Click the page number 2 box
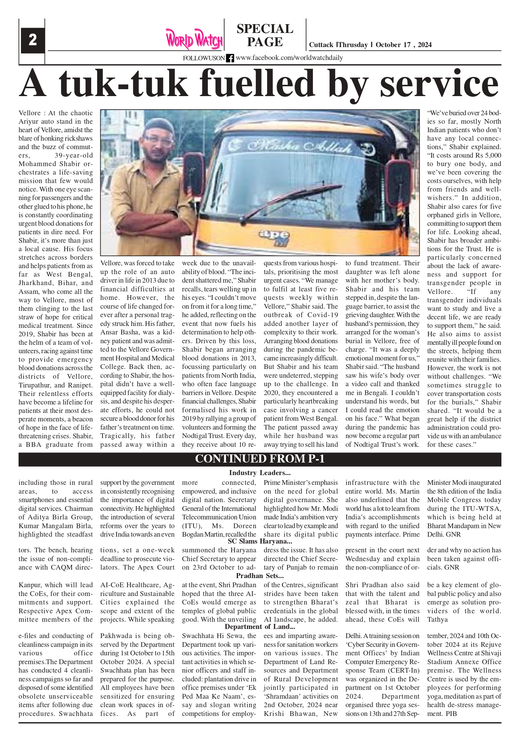tap(33, 40)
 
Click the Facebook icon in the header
tap(230, 58)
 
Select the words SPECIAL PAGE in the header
tap(265, 35)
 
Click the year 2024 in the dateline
tap(424, 45)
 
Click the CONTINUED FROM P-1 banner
tap(259, 459)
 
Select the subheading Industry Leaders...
tap(259, 473)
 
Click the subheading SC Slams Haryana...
tap(259, 541)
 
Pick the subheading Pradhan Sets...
tap(259, 576)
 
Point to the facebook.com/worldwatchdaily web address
tap(289, 58)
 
